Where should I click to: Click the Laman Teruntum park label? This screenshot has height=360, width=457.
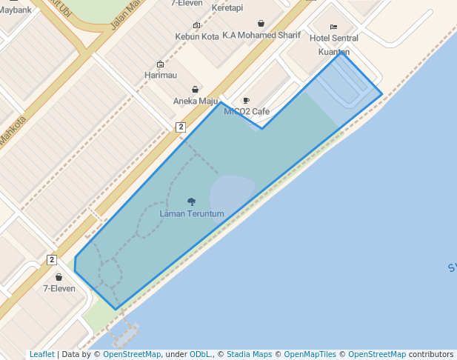tap(191, 214)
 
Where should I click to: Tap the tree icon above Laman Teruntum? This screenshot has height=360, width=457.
tap(192, 201)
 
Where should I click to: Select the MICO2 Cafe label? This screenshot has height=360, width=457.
tap(247, 112)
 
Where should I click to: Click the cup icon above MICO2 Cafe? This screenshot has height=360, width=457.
tap(247, 100)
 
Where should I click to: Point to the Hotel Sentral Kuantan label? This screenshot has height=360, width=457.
tap(333, 44)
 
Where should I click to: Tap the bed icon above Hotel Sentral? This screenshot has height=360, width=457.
tap(333, 27)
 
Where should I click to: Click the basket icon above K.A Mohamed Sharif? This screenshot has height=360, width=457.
tap(261, 23)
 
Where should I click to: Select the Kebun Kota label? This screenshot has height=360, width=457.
tap(197, 36)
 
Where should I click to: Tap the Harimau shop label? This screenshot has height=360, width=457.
tap(161, 76)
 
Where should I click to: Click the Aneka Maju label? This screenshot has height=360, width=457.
tap(196, 101)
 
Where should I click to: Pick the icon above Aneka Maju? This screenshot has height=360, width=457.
tap(196, 90)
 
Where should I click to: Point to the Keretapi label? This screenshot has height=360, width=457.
tap(227, 7)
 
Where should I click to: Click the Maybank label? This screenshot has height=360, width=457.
tap(16, 10)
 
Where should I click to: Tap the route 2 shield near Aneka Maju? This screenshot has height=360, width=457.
tap(181, 127)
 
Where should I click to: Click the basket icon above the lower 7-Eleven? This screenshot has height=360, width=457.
tap(59, 277)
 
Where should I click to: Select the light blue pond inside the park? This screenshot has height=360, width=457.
tap(231, 195)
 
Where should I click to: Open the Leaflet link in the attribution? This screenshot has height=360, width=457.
tap(42, 355)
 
